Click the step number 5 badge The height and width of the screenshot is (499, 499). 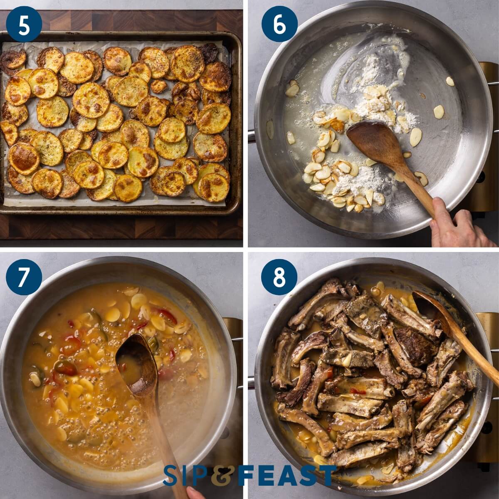point(24,24)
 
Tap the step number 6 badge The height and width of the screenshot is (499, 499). point(279,24)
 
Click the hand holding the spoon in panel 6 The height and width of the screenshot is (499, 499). point(453,225)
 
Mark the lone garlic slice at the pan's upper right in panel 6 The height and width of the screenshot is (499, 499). point(450,81)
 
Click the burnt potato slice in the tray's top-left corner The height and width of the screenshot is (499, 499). point(12,60)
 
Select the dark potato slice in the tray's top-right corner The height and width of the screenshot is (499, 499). point(209,52)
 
